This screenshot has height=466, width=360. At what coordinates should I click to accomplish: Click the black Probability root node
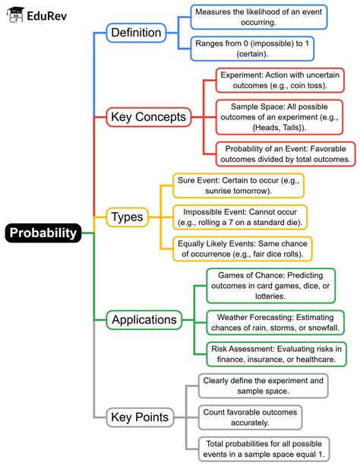(44, 233)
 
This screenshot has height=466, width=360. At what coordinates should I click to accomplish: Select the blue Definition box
(136, 33)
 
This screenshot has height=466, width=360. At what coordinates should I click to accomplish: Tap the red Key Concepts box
(149, 117)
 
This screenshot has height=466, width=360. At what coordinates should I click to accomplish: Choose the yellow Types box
(127, 217)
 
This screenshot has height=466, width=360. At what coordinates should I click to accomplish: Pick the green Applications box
(144, 319)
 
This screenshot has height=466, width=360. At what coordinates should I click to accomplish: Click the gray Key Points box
(140, 417)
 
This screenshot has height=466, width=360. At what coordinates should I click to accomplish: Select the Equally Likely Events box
(242, 248)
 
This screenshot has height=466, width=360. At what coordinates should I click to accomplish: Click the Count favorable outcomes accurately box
(249, 417)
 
